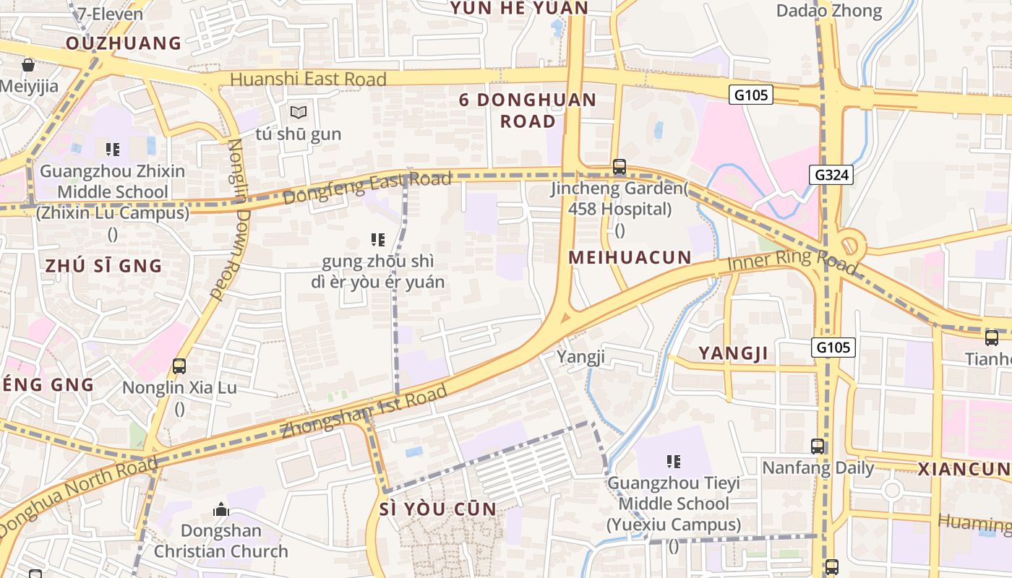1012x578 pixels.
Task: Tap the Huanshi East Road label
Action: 308,79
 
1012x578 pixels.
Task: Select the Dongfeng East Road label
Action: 367,187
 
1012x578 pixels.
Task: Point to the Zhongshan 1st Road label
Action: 364,413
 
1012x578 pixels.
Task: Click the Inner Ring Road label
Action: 792,262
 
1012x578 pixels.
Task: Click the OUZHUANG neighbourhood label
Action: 124,43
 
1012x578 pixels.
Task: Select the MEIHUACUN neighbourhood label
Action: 630,257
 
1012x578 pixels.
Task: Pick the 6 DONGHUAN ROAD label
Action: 528,110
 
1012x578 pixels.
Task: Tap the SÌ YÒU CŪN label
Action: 438,509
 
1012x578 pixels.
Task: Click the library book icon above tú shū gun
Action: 299,112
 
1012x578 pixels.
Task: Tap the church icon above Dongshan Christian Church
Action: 221,510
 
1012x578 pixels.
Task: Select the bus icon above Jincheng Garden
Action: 619,167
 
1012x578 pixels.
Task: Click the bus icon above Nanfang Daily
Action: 818,447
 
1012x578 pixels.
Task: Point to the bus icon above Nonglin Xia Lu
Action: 179,366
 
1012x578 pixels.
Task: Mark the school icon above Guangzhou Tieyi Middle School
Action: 674,462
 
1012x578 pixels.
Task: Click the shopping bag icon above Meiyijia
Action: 28,66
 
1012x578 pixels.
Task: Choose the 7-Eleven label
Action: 110,13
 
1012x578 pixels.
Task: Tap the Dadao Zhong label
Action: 829,11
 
